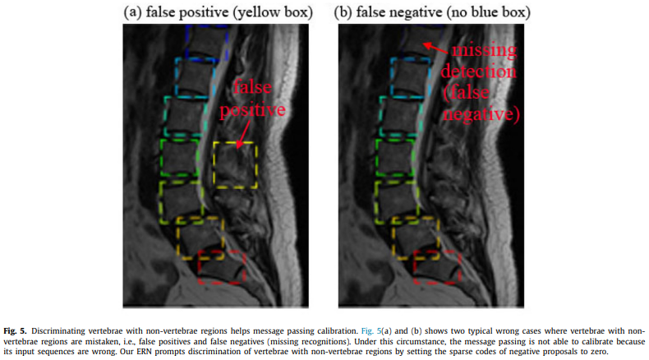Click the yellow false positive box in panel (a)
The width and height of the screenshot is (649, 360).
pyautogui.click(x=235, y=165)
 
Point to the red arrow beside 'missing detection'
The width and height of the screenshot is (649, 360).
pyautogui.click(x=435, y=48)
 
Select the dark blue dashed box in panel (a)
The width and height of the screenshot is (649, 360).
pyautogui.click(x=207, y=42)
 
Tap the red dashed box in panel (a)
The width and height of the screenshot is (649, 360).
pyautogui.click(x=222, y=267)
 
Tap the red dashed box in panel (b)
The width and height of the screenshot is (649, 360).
pyautogui.click(x=437, y=267)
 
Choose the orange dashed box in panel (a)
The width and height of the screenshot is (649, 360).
pyautogui.click(x=200, y=238)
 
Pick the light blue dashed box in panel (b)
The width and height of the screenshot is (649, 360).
pyautogui.click(x=411, y=78)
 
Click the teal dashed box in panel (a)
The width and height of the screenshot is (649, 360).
pyautogui.click(x=186, y=116)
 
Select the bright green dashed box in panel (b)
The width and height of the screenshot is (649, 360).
pyautogui.click(x=395, y=158)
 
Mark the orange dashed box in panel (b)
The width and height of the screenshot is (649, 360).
pyautogui.click(x=416, y=238)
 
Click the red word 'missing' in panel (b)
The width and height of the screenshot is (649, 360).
pyautogui.click(x=484, y=50)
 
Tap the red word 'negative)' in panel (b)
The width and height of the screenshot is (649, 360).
pyautogui.click(x=481, y=114)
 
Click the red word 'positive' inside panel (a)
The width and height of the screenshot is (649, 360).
pyautogui.click(x=252, y=110)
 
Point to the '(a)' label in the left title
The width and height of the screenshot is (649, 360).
pyautogui.click(x=133, y=12)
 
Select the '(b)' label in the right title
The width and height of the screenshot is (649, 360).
pyautogui.click(x=343, y=12)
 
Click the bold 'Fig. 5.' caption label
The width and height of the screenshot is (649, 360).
pyautogui.click(x=15, y=331)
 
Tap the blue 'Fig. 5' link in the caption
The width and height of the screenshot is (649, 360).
pyautogui.click(x=371, y=331)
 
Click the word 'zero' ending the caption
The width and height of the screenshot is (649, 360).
pyautogui.click(x=599, y=352)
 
